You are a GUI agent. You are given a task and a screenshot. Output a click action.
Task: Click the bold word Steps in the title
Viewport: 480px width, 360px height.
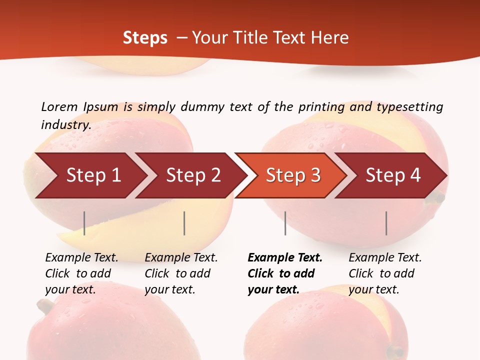pos(145,37)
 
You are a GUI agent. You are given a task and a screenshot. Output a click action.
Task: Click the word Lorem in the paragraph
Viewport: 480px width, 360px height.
pos(59,107)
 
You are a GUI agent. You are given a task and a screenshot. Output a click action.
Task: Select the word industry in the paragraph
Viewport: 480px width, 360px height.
pos(65,125)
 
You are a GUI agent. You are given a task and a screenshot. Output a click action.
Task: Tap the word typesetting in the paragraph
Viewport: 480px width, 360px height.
pos(409,107)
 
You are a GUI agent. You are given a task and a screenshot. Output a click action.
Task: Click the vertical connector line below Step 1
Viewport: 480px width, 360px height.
pos(84,223)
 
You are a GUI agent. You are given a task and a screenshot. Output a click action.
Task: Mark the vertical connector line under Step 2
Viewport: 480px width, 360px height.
pos(184,223)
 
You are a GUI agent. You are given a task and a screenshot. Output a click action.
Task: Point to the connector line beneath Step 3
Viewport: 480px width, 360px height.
pos(285,223)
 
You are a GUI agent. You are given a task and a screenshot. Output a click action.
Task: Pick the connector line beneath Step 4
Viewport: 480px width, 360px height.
pos(386,223)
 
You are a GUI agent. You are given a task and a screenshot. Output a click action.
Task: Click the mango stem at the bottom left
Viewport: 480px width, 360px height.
pos(44,306)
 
